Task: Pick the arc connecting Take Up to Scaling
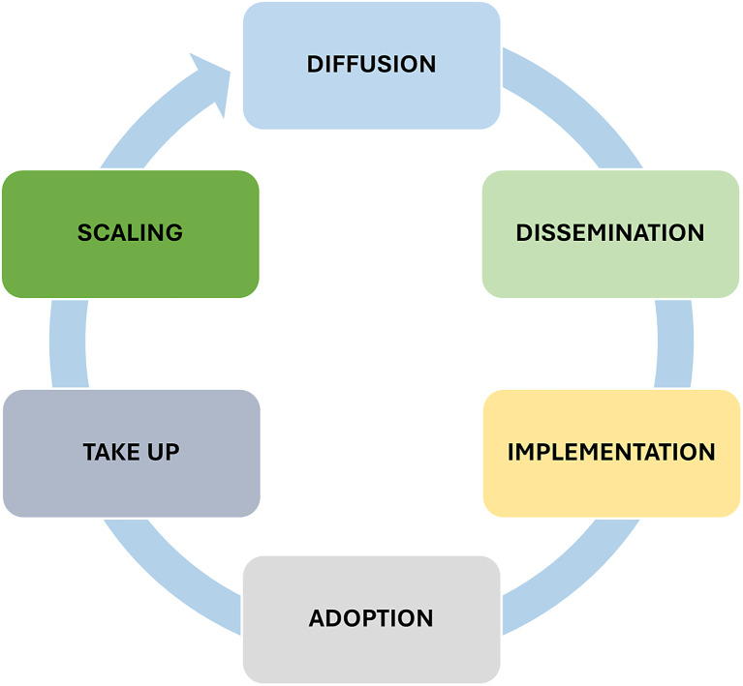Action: pyautogui.click(x=68, y=343)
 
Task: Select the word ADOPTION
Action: pyautogui.click(x=371, y=617)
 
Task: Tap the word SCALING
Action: pyautogui.click(x=130, y=233)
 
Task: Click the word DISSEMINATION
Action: pyautogui.click(x=609, y=233)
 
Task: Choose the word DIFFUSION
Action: pyautogui.click(x=371, y=65)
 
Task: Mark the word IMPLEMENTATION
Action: pyautogui.click(x=610, y=452)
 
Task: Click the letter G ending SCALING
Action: pyautogui.click(x=173, y=233)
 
